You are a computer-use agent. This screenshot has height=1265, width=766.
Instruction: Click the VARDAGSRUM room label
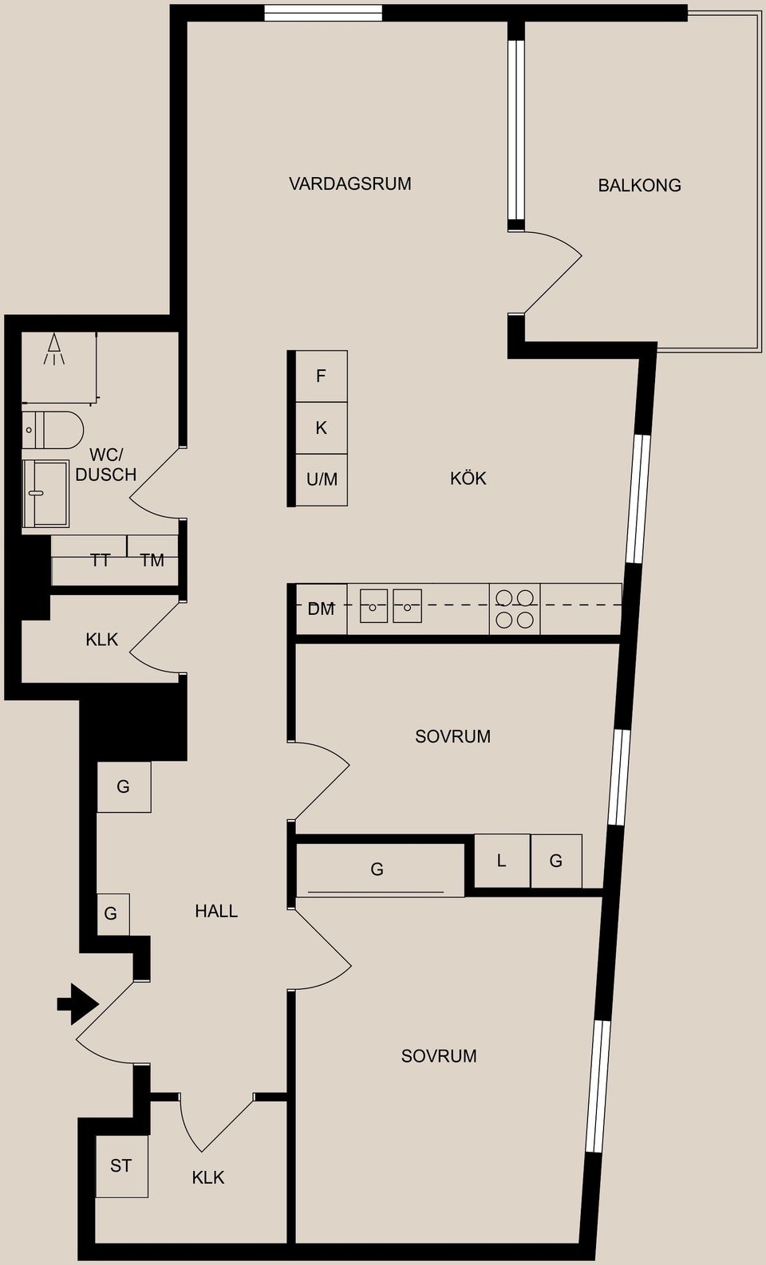(x=350, y=183)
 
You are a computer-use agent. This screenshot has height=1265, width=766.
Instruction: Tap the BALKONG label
(x=639, y=185)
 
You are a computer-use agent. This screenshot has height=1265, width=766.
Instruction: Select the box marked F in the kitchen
(x=322, y=376)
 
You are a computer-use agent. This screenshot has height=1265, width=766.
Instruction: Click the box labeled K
(x=322, y=428)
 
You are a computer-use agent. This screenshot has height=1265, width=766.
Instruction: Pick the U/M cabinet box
(x=322, y=479)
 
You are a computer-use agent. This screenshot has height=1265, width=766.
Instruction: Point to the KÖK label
(x=468, y=479)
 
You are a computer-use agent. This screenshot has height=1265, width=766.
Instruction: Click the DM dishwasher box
(x=321, y=609)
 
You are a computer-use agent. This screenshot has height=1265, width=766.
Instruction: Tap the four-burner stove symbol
(x=515, y=609)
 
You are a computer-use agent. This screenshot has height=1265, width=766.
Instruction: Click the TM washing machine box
(x=152, y=560)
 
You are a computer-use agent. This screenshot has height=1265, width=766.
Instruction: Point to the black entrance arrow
(x=77, y=1003)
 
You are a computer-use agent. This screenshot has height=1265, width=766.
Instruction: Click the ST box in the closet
(x=121, y=1166)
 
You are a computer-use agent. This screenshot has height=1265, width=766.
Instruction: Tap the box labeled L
(x=502, y=861)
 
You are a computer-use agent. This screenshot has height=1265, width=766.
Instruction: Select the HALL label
(x=216, y=911)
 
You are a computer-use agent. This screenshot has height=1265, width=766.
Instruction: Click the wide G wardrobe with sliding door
(x=378, y=869)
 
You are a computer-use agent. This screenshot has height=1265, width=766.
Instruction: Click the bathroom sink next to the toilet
(x=45, y=493)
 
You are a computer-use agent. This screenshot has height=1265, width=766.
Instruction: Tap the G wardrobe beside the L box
(x=556, y=861)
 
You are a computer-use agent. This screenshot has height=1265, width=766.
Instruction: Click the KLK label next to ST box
(x=208, y=1177)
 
